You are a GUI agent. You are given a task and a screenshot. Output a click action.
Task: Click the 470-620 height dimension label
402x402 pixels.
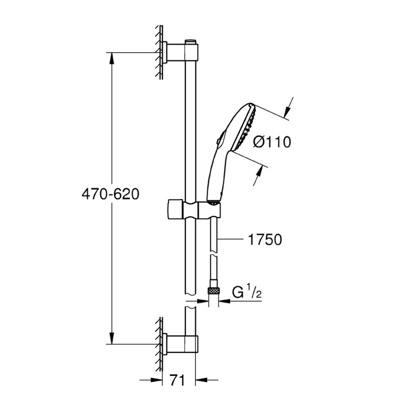point(111,194)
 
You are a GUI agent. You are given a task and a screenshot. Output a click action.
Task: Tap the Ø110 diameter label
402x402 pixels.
point(272,142)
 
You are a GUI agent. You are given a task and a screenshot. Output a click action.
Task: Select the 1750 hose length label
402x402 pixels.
point(265,240)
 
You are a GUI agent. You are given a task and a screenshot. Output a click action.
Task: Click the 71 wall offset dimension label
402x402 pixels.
point(177,380)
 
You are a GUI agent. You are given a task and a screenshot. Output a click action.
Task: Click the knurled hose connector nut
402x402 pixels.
point(214,291)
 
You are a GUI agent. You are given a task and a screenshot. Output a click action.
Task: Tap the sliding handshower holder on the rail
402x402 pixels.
point(194,209)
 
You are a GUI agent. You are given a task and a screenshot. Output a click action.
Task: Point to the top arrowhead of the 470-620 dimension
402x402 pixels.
point(112,58)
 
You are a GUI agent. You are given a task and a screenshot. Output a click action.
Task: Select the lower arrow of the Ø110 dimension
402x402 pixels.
point(258,175)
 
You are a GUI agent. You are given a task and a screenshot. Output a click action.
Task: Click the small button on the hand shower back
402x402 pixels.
point(218,141)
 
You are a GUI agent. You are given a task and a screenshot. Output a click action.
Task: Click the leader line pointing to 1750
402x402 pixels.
point(230,239)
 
